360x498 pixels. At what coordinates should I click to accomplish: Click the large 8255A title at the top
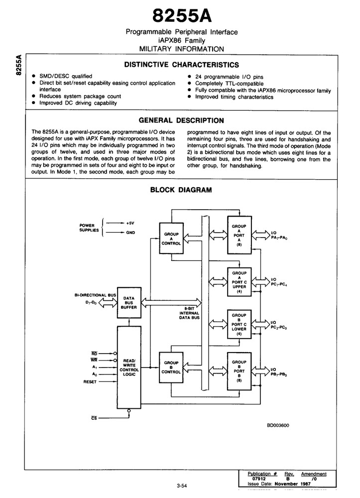[x=182, y=15]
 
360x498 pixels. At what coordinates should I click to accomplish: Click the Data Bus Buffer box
[x=129, y=303]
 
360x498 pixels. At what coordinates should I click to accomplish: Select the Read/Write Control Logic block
[x=129, y=367]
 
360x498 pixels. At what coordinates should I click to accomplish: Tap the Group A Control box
[x=171, y=238]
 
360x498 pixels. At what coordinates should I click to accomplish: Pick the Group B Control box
[x=171, y=368]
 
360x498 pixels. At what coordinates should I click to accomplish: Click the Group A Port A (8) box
[x=240, y=235]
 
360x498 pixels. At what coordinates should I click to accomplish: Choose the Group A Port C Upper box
[x=240, y=282]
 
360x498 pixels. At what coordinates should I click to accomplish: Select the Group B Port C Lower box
[x=240, y=324]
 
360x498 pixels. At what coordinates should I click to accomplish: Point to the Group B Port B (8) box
[x=240, y=371]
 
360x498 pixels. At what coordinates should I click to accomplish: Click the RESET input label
[x=90, y=382]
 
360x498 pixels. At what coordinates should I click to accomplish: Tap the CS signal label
[x=94, y=418]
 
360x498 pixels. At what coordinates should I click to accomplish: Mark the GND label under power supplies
[x=130, y=233]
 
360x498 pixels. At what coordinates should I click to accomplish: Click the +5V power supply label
[x=130, y=223]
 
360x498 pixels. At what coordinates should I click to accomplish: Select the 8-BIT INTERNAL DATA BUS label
[x=189, y=313]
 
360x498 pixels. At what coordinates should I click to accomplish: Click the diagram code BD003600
[x=278, y=425]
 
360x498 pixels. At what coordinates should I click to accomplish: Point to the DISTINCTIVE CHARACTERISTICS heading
[x=182, y=65]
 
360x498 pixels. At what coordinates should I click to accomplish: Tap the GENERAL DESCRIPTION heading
[x=181, y=121]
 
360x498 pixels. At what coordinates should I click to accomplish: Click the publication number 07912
[x=259, y=479]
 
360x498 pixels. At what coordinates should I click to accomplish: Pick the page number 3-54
[x=182, y=485]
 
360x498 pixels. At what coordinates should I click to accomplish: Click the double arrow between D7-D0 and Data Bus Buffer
[x=108, y=303]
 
